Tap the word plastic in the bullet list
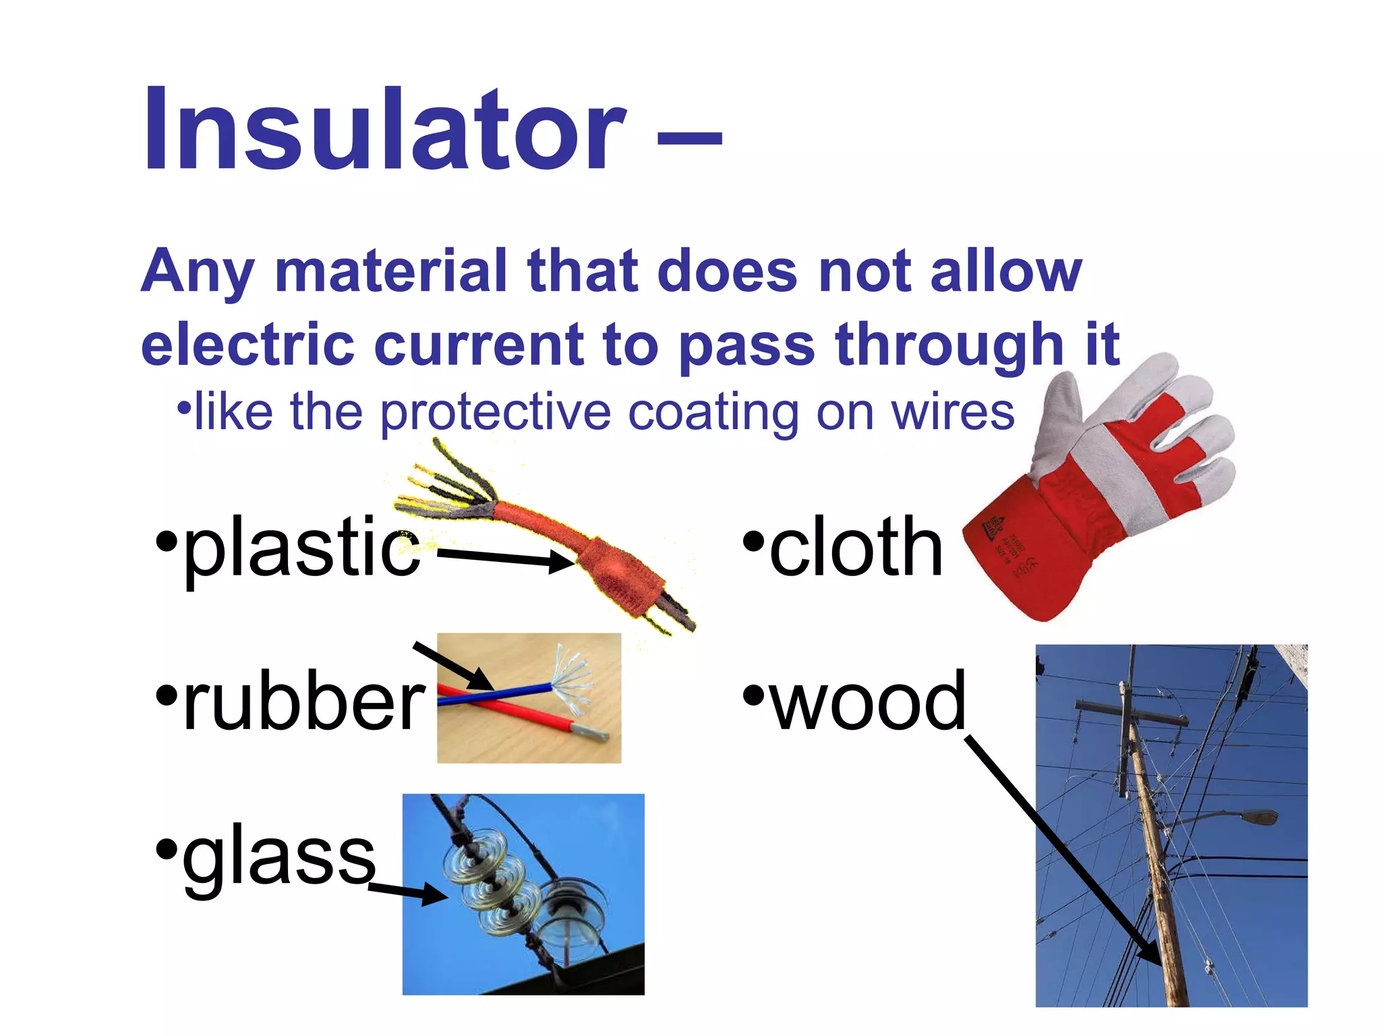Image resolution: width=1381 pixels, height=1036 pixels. [x=301, y=548]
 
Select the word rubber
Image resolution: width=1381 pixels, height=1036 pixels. [x=303, y=701]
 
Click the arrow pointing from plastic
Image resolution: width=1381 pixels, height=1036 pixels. [x=506, y=557]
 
